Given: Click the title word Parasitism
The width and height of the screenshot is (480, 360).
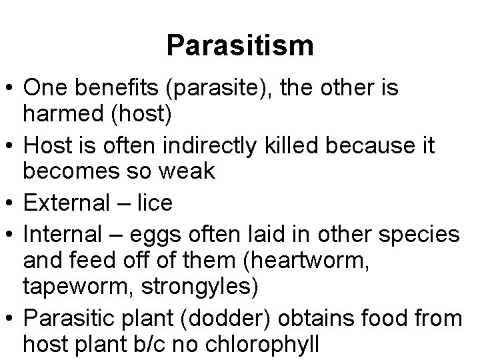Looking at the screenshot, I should [240, 45].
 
